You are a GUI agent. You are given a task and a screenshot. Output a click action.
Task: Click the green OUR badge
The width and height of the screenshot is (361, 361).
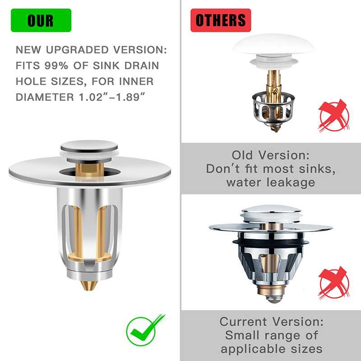(x=41, y=20)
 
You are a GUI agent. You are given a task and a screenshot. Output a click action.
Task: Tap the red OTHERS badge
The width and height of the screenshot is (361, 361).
(x=221, y=20)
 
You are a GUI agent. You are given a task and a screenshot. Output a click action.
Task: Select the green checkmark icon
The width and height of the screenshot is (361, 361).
(x=145, y=330)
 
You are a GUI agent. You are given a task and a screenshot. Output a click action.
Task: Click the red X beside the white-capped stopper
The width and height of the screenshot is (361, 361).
(x=334, y=116)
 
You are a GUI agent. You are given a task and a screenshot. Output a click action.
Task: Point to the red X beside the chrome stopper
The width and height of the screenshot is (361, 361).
(x=334, y=283)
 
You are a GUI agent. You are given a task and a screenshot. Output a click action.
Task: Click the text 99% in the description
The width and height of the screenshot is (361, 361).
(x=56, y=65)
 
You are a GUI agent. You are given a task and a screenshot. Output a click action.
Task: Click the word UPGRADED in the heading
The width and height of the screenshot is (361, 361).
(x=77, y=50)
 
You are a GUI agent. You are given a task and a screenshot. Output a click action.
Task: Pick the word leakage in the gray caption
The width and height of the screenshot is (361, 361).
(x=291, y=183)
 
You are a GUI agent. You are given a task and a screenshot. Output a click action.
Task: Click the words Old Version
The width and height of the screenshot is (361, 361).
(x=270, y=155)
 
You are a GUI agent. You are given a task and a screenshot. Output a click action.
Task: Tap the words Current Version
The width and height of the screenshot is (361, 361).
(x=272, y=322)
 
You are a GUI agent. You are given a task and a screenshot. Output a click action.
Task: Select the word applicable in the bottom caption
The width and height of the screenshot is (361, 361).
(x=253, y=349)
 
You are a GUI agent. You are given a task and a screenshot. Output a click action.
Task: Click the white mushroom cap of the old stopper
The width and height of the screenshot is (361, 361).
(x=273, y=44)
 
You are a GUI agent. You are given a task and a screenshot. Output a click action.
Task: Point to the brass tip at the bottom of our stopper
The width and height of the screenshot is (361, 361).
(x=89, y=286)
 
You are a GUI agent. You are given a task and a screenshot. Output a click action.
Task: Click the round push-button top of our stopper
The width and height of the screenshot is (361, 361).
(x=89, y=146)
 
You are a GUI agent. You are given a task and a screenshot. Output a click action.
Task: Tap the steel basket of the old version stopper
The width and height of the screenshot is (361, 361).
(x=273, y=108)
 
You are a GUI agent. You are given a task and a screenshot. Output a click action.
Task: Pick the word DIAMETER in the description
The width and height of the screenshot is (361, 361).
(x=45, y=97)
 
